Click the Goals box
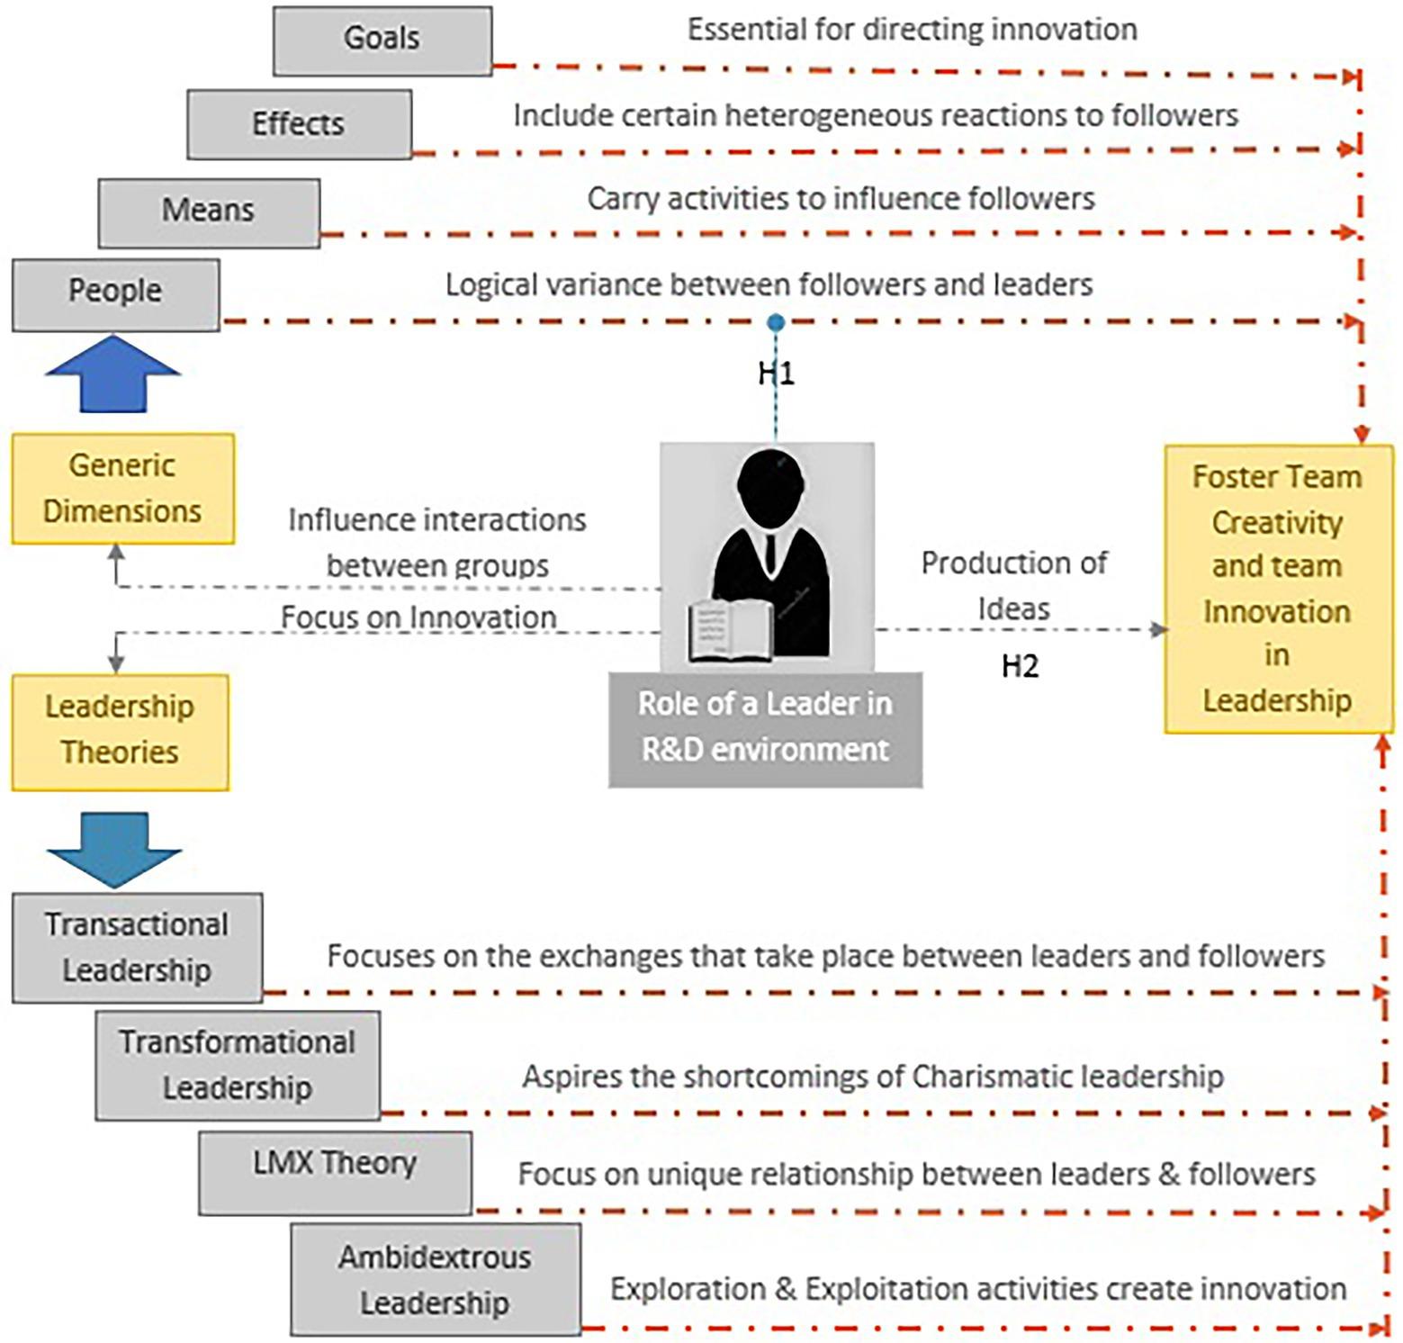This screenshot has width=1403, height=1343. point(382,40)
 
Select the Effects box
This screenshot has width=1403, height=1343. point(299,123)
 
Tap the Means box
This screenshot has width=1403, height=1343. point(209,212)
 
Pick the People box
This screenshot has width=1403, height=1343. point(115,293)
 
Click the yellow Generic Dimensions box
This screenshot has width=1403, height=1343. point(122,489)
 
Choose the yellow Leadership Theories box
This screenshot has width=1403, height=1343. point(120,731)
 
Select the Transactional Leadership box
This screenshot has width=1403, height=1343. point(137,947)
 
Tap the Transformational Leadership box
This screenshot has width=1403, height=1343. point(238,1064)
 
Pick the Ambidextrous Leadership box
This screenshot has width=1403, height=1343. point(436,1278)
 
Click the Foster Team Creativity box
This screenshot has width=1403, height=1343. point(1277,589)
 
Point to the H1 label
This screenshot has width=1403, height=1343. point(776,373)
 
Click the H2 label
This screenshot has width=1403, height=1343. point(1020,666)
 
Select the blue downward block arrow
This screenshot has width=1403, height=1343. point(113,850)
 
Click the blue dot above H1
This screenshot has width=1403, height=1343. point(776,322)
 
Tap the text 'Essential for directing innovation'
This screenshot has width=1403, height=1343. point(912,30)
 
